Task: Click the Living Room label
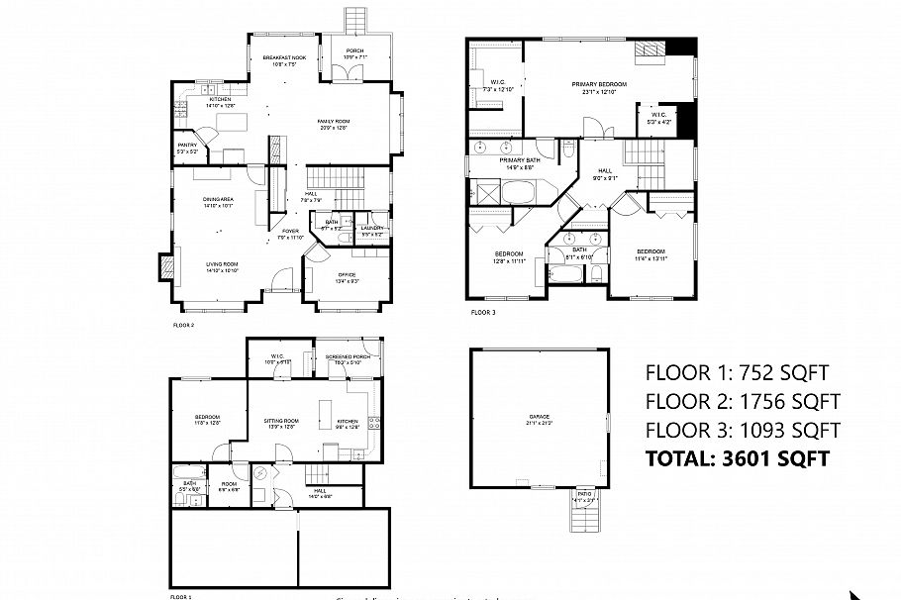pos(222,266)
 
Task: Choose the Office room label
pos(347,276)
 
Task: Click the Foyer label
pos(290,234)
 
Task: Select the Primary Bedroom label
pos(600,88)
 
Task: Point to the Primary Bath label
pos(520,163)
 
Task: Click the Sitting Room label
pos(281,424)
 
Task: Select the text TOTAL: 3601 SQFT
pos(736,458)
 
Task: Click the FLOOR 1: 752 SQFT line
pos(736,373)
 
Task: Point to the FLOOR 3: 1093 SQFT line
pos(742,431)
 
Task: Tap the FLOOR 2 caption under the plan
pos(184,325)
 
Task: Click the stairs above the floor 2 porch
pos(354,20)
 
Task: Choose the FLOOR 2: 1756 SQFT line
pos(742,402)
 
